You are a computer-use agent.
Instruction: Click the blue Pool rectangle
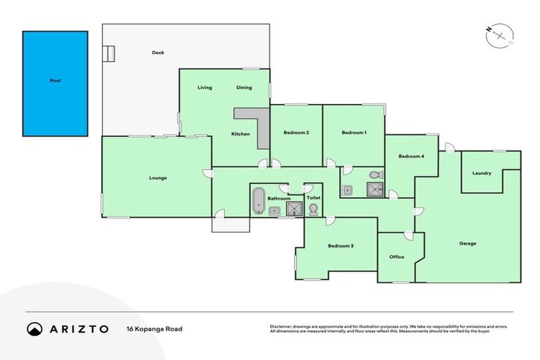coord(55,83)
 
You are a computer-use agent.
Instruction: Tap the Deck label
coord(157,53)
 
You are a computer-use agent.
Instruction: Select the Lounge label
coord(157,178)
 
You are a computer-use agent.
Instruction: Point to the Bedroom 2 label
coord(297,133)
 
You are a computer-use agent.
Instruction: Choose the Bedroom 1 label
coord(354,133)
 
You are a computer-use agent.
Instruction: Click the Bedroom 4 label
coord(411,156)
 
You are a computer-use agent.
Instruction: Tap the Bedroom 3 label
coord(340,246)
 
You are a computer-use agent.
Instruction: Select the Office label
coord(397,257)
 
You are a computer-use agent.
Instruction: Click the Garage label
coord(468,244)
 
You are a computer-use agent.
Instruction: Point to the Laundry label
coord(482,174)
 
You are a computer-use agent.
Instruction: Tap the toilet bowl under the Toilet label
coord(313,210)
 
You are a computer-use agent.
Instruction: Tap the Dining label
coord(244,88)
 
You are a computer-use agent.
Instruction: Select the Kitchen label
coord(240,134)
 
